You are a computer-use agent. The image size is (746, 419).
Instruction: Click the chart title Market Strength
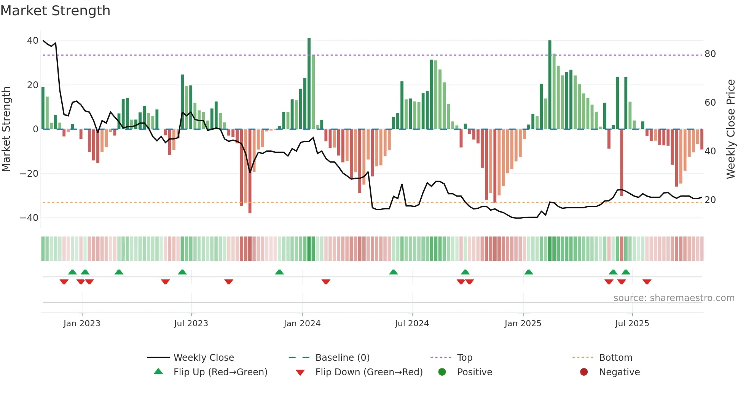click(x=55, y=11)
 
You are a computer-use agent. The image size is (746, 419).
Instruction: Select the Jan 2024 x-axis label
click(x=302, y=324)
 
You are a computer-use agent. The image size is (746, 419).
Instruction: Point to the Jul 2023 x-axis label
click(x=191, y=324)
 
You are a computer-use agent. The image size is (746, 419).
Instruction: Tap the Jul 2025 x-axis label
click(x=632, y=324)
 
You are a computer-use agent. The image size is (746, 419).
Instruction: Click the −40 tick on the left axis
click(x=29, y=218)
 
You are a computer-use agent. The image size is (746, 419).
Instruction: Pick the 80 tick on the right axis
click(x=710, y=54)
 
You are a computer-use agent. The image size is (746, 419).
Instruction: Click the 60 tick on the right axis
click(x=710, y=103)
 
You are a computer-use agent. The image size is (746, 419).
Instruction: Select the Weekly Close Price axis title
click(x=730, y=129)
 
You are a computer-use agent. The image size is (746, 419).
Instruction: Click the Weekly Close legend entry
click(x=203, y=358)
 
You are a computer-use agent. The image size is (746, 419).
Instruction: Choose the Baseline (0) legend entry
click(x=342, y=358)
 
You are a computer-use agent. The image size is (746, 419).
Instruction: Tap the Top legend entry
click(x=464, y=358)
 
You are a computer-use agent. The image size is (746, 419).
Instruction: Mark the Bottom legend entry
click(x=615, y=358)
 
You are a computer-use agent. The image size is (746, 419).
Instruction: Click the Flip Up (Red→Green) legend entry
click(x=220, y=372)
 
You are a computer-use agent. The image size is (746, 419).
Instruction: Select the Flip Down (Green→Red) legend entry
click(x=368, y=372)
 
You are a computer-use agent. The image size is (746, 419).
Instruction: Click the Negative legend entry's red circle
click(x=583, y=372)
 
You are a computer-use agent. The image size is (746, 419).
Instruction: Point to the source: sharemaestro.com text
click(x=674, y=298)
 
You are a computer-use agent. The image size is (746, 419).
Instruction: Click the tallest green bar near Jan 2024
click(x=309, y=84)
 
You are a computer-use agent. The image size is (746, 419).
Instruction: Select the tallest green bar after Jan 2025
click(x=550, y=84)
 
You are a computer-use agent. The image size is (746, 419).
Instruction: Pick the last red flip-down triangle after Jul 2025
click(x=647, y=282)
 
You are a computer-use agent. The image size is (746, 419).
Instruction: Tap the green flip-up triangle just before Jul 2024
click(x=393, y=272)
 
